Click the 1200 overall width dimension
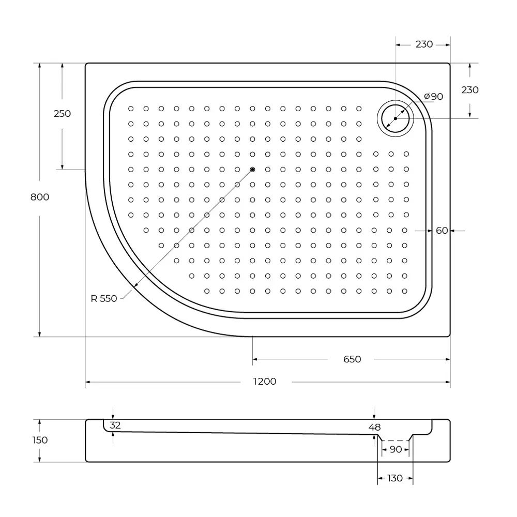(264, 382)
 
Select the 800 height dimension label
(40, 197)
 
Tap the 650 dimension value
(352, 359)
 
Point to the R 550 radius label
(104, 298)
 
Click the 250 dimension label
(62, 114)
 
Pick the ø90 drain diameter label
(433, 97)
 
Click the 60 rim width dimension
(442, 231)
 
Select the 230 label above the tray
(424, 44)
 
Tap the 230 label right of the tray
(470, 90)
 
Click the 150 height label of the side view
(40, 440)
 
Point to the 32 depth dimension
(115, 425)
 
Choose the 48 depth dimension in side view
(375, 427)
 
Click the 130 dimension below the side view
(394, 478)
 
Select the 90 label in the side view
(396, 450)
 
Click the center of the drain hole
(396, 118)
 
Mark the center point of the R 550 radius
(252, 170)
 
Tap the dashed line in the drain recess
(396, 440)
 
